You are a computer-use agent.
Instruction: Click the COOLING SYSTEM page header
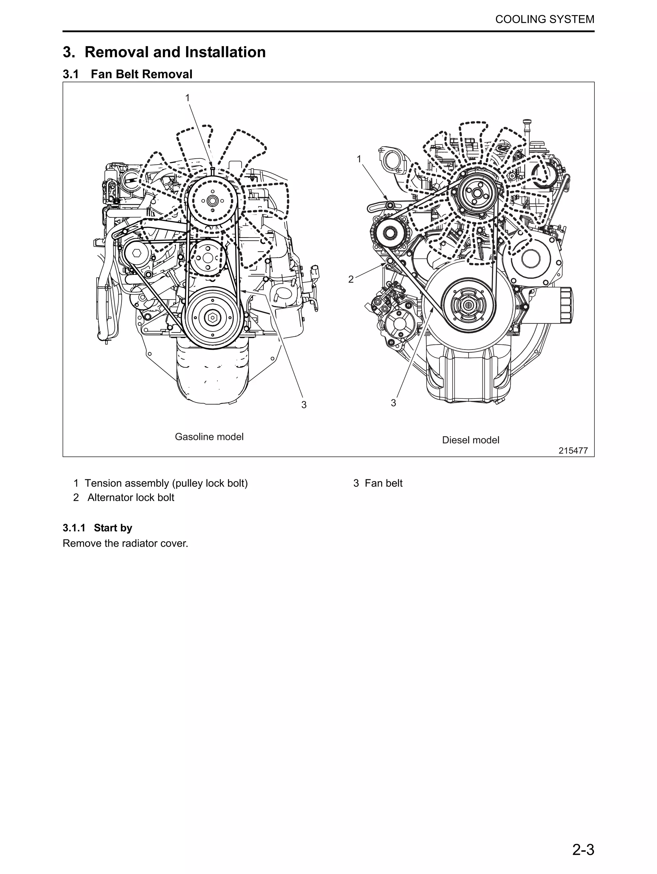(544, 19)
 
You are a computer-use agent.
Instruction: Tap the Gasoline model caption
(209, 437)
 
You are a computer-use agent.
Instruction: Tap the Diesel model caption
(470, 440)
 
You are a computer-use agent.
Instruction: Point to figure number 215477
(573, 450)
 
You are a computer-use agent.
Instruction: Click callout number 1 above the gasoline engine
(187, 97)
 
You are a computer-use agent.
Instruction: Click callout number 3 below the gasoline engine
(303, 405)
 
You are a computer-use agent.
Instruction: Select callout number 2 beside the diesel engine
(351, 279)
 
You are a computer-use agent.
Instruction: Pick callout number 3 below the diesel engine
(393, 403)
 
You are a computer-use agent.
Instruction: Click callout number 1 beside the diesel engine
(359, 159)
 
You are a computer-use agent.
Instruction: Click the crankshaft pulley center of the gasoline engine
(212, 316)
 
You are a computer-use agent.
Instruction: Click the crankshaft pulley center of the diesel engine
(468, 305)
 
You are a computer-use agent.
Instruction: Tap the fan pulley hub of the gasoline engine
(212, 200)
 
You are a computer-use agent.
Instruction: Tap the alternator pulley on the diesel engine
(390, 233)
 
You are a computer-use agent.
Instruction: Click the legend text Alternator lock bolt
(131, 498)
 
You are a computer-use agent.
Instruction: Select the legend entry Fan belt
(383, 483)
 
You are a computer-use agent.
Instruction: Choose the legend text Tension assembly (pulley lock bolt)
(166, 483)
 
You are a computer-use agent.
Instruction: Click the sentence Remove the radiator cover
(125, 543)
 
